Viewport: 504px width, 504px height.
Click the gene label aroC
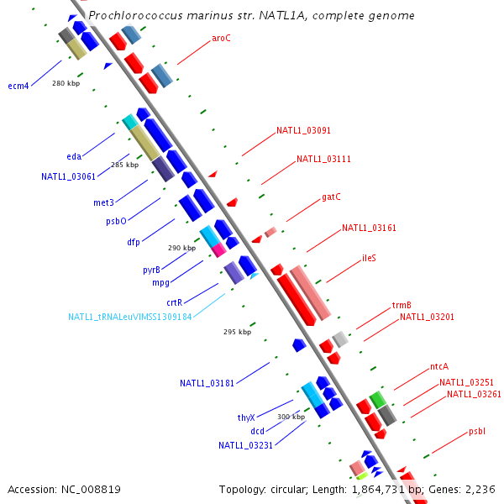click(221, 38)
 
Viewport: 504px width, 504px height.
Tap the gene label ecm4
click(18, 86)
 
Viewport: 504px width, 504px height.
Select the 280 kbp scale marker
click(65, 83)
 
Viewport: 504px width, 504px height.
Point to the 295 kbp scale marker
click(237, 332)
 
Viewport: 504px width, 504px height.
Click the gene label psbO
click(116, 222)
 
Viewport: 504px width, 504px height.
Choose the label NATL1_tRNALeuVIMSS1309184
click(130, 317)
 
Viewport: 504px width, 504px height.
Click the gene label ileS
click(369, 258)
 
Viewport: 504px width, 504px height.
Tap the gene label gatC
click(331, 197)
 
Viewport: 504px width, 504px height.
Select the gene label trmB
click(401, 305)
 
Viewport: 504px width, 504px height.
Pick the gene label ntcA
click(439, 366)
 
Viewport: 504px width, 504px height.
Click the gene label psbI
click(477, 431)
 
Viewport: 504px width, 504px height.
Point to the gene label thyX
click(245, 417)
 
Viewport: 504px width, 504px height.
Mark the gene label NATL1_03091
click(303, 131)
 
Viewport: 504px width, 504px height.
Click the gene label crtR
click(174, 302)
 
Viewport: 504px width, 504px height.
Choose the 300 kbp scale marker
click(291, 417)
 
